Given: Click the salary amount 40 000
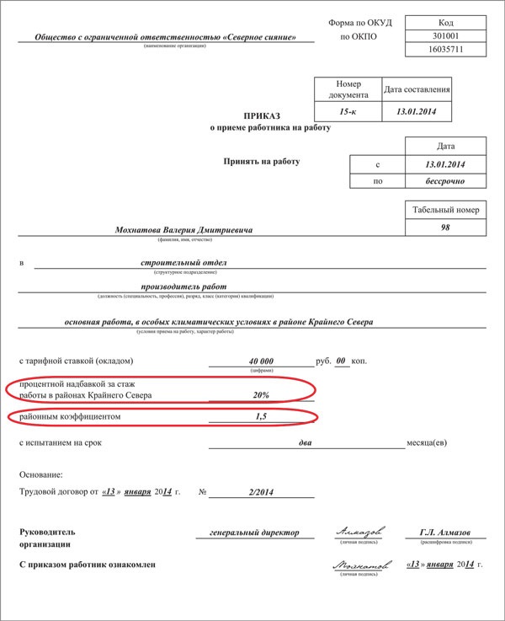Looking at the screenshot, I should [258, 361].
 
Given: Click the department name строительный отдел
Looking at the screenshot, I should [184, 263].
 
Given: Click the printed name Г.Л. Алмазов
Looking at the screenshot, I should [444, 533].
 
